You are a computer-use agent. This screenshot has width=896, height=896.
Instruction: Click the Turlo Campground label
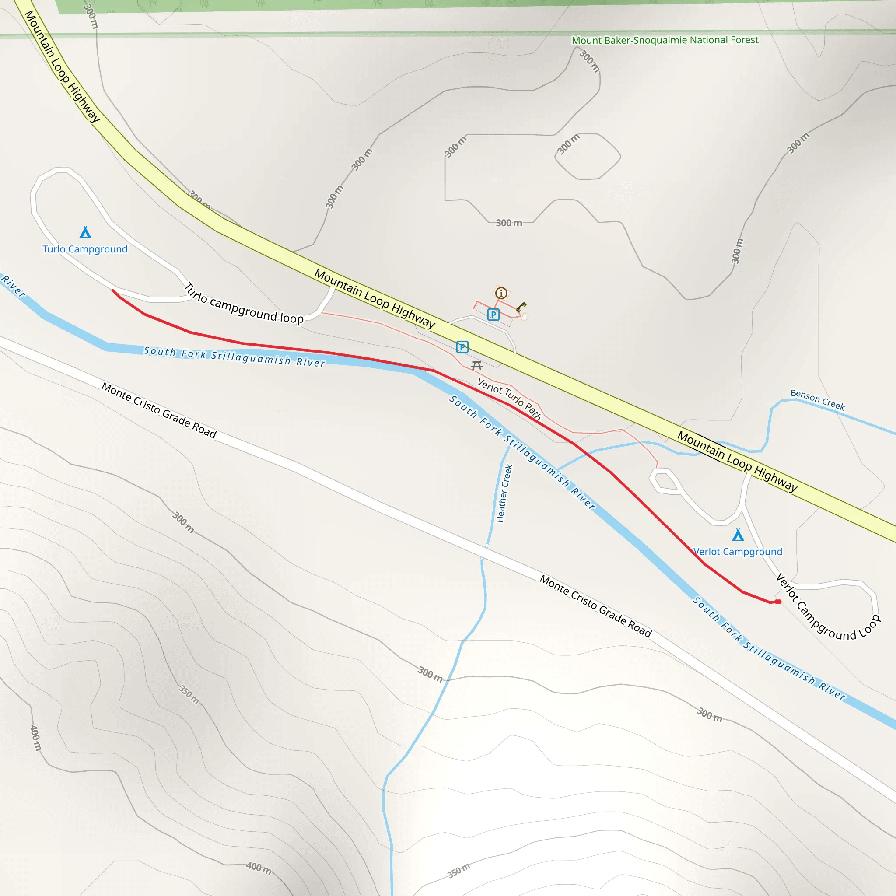85,249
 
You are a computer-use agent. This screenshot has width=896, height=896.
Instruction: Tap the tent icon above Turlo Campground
85,231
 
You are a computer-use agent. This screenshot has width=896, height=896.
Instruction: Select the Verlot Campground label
737,551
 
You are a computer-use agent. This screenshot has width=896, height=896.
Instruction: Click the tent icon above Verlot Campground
738,535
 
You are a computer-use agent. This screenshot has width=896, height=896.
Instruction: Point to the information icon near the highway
501,293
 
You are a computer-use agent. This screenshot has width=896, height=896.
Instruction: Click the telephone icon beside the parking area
521,307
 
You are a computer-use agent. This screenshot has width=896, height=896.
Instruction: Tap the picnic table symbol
477,366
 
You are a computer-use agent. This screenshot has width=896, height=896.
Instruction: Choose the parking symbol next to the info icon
493,315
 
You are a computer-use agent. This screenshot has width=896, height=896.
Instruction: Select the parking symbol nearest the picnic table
462,347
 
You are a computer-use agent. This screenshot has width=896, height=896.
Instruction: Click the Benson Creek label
817,400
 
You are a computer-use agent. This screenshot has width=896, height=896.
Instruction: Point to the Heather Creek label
504,493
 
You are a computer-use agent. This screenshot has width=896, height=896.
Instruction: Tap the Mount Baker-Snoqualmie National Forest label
665,40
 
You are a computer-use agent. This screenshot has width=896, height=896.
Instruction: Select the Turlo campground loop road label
244,304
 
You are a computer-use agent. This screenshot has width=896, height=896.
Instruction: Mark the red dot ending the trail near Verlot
779,602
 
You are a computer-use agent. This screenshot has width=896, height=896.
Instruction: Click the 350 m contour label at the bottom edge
458,871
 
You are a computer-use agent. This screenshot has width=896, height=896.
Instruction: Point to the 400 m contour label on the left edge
36,737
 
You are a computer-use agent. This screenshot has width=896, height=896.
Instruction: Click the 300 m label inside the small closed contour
569,144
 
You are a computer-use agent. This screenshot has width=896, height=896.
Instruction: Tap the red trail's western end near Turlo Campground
113,291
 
